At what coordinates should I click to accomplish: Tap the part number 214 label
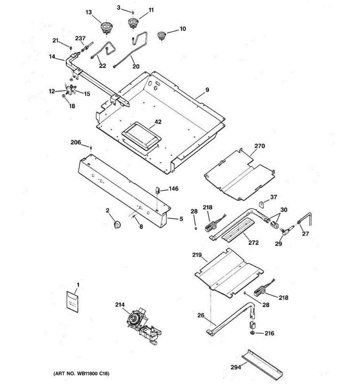pos(120,305)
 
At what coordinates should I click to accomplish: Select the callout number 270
pos(260,146)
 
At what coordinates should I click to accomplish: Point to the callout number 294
pos(236,367)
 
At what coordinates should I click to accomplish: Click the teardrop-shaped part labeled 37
pos(261,204)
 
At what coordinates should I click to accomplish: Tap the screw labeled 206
pos(91,148)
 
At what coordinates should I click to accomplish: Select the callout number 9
pos(207,90)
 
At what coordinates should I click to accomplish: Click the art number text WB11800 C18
pos(83,373)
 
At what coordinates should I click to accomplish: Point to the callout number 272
pos(253,243)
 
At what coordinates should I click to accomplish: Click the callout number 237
pos(80,38)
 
